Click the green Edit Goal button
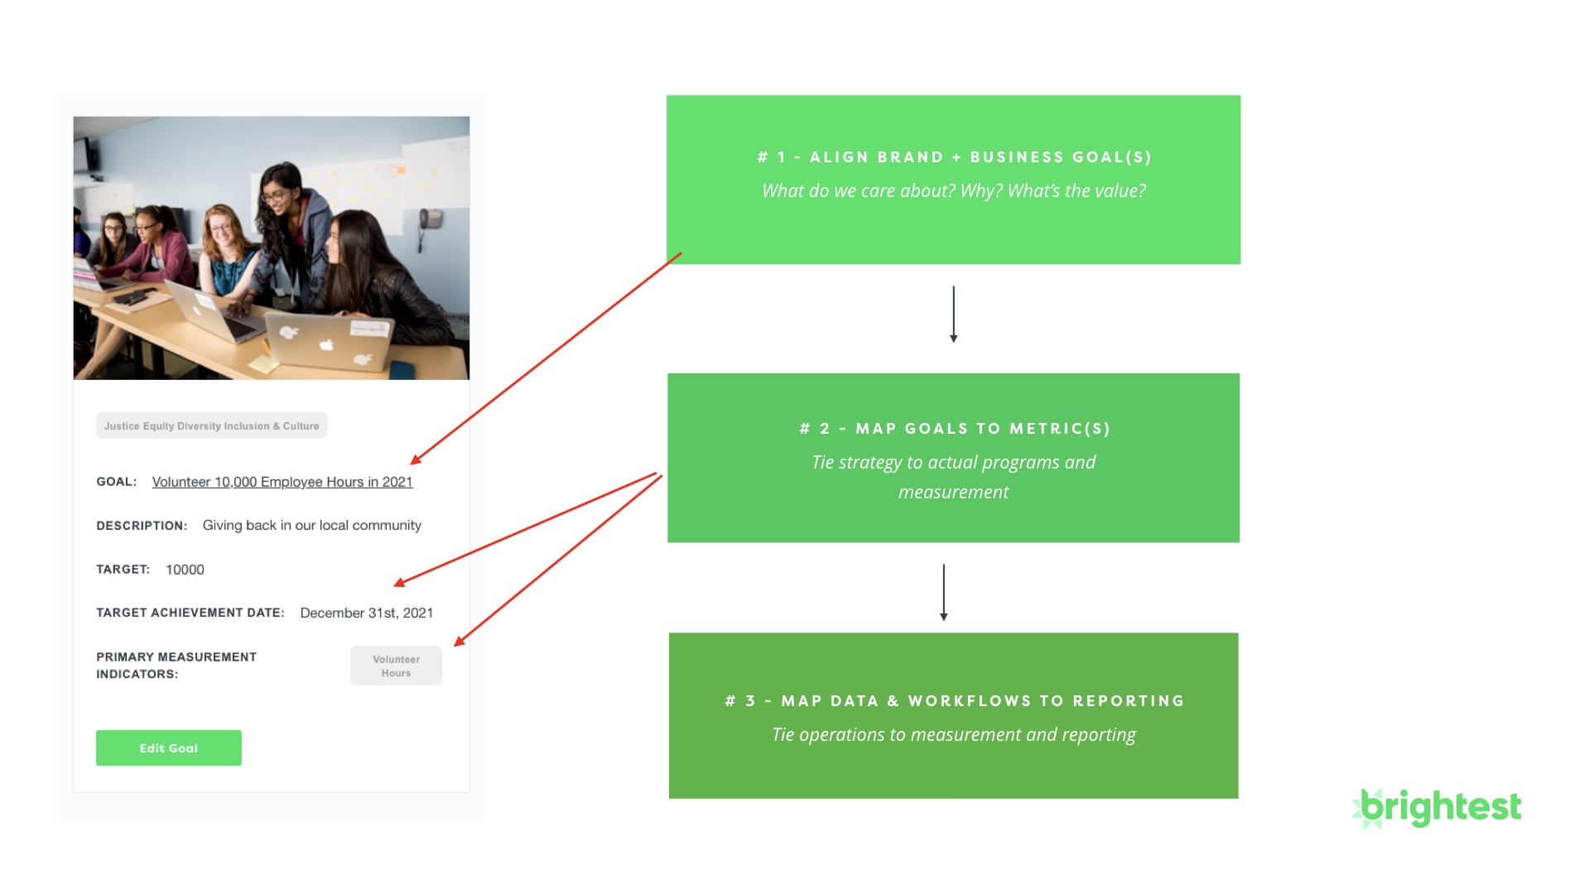point(169,747)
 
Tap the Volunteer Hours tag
point(396,666)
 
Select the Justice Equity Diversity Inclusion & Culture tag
point(212,425)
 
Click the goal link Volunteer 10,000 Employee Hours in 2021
point(282,482)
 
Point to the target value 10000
point(185,570)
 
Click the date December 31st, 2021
point(367,613)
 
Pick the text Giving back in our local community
point(312,526)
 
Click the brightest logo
point(1437,808)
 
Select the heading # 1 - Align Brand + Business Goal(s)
point(954,157)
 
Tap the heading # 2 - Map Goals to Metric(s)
point(954,429)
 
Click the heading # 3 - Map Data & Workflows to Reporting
point(954,701)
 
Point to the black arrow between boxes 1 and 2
point(954,315)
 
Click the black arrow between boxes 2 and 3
point(944,593)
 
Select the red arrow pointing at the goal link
point(546,358)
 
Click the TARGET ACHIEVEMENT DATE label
point(190,613)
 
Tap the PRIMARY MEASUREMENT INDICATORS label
point(176,666)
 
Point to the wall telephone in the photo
point(429,220)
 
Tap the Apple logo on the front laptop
point(327,344)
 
